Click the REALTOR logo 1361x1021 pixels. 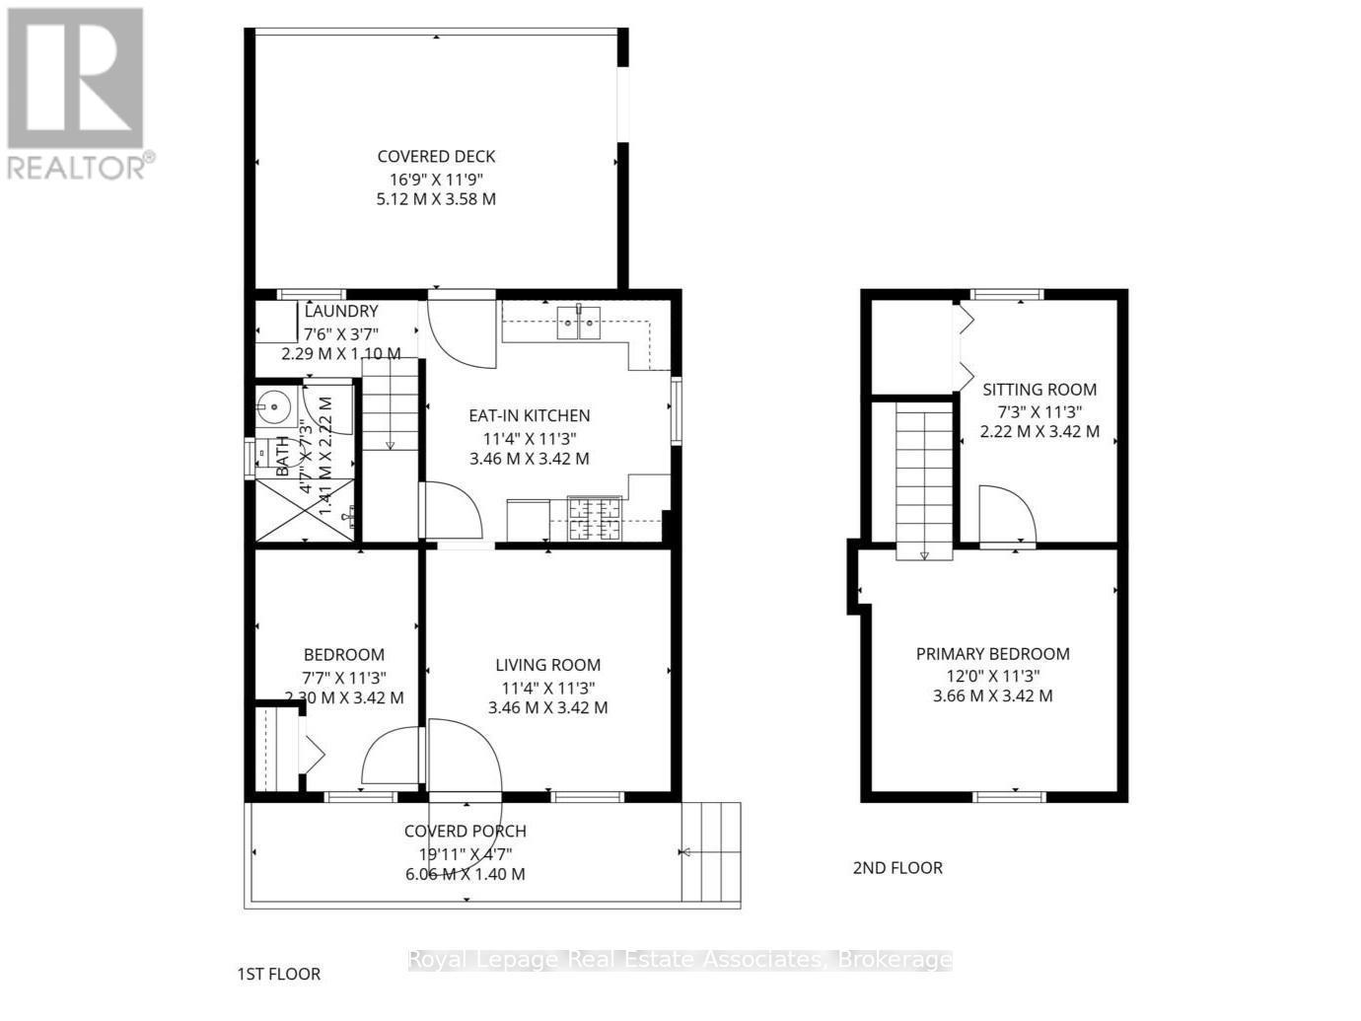77,94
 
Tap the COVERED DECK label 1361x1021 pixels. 436,156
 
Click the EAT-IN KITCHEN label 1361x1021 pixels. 529,415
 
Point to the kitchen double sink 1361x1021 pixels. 579,322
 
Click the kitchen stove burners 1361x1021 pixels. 594,520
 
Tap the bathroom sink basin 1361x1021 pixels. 273,404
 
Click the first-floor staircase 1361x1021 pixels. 391,405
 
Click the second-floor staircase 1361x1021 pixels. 924,483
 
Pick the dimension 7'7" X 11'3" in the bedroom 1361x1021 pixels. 343,677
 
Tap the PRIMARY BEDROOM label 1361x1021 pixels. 992,653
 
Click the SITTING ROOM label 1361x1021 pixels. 1039,390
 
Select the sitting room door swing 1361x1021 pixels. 1006,513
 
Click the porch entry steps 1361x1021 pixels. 710,851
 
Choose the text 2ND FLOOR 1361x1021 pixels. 897,867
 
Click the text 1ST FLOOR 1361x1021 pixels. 279,974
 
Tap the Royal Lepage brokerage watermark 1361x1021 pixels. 680,959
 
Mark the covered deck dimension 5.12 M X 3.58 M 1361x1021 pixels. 436,198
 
